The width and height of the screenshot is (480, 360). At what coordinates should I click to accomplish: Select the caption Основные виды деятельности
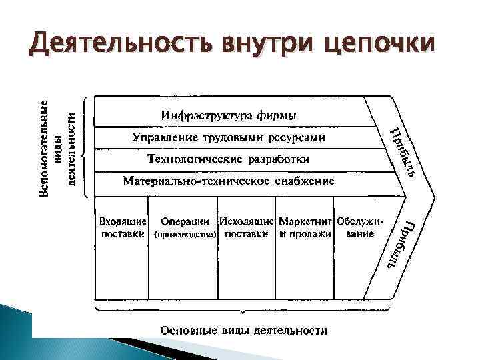click(244, 330)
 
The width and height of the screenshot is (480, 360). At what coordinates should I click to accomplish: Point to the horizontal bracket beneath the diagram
click(244, 310)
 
